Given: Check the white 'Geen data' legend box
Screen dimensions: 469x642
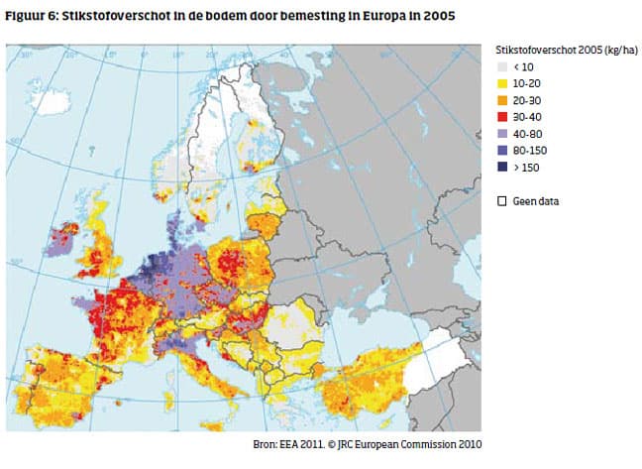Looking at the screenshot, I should pyautogui.click(x=501, y=200).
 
